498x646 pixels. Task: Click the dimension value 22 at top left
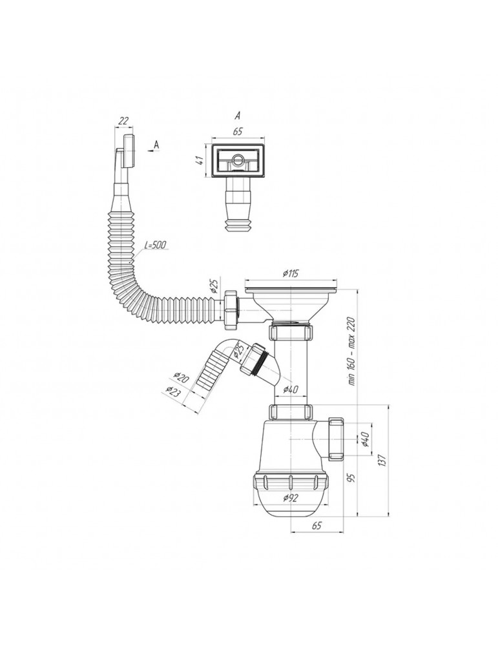(123, 121)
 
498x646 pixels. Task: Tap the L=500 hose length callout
(155, 245)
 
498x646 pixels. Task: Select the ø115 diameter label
(291, 273)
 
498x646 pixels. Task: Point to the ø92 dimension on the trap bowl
(291, 498)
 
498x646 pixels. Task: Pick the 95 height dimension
(351, 477)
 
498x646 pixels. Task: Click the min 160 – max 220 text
(351, 351)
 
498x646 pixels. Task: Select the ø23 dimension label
(173, 391)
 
